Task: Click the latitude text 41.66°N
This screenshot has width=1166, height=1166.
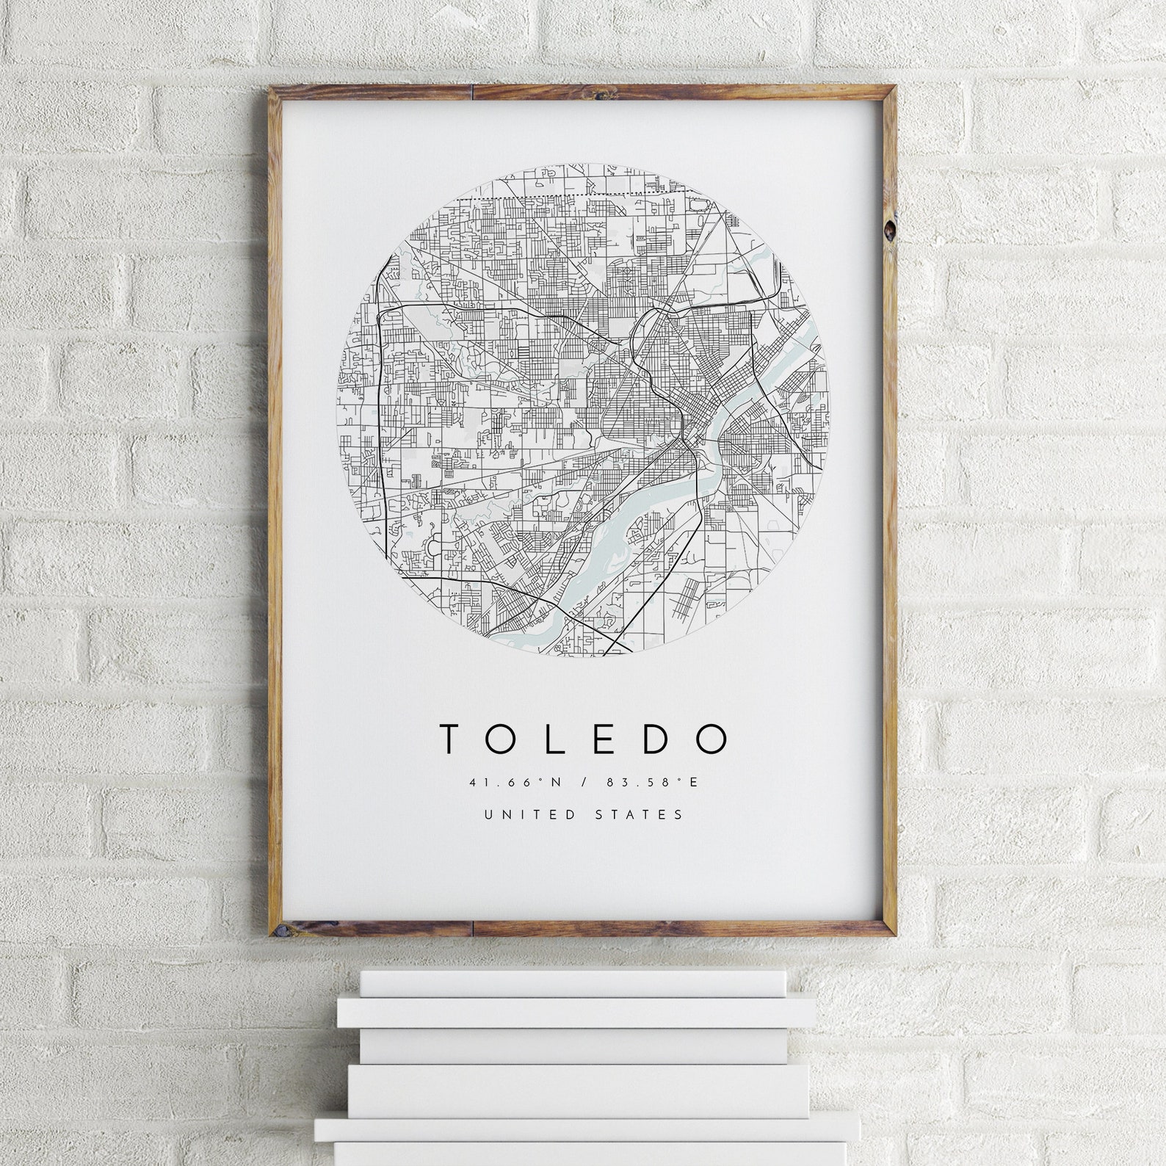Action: tap(515, 783)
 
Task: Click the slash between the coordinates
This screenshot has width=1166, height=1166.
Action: tap(584, 783)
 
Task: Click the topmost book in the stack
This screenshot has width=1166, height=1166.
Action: tap(573, 983)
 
